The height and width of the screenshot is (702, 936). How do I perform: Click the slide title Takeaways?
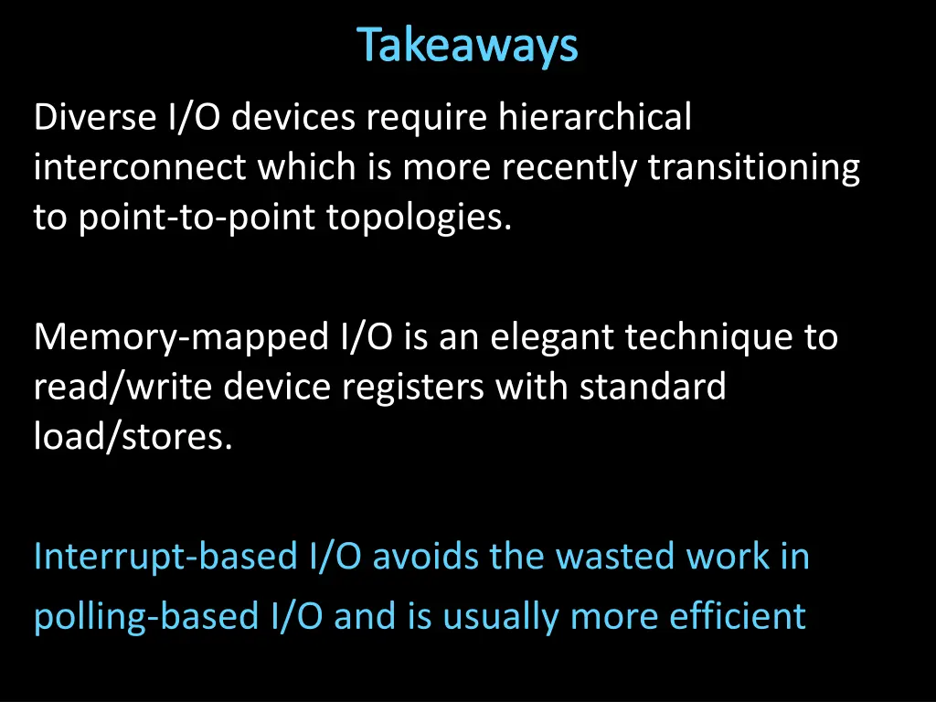467,46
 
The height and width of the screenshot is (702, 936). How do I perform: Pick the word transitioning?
754,168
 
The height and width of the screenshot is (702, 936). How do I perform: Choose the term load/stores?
133,438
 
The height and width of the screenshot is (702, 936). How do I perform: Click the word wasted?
594,557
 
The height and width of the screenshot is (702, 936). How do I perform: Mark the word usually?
502,617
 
